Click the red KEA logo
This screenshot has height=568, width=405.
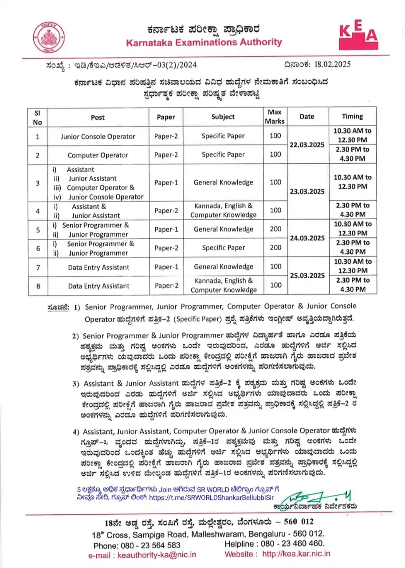point(358,37)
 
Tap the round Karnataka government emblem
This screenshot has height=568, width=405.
point(48,37)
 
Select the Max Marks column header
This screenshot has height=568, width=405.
point(275,116)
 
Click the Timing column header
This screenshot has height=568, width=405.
point(352,116)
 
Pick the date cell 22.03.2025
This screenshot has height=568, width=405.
point(307,145)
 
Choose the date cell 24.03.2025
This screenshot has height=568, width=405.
point(307,238)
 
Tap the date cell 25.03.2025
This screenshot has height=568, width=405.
point(307,276)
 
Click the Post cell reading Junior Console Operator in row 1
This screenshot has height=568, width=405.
point(98,136)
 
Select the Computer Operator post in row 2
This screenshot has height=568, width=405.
point(98,155)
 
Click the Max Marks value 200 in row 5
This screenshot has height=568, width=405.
point(275,229)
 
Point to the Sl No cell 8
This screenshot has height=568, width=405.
point(38,286)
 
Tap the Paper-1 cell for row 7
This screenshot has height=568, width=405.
point(166,267)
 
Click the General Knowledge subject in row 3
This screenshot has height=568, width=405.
point(223,182)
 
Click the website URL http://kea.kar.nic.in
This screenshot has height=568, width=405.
point(296,554)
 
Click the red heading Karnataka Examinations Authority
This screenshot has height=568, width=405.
point(204,43)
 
